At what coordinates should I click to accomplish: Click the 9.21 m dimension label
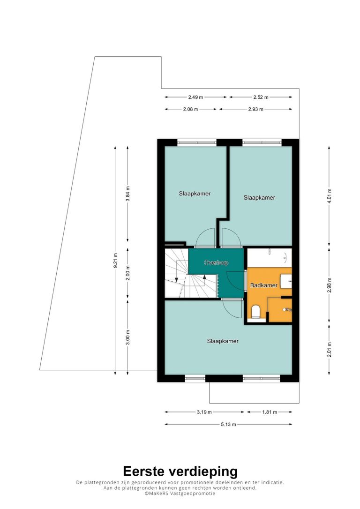click(115, 261)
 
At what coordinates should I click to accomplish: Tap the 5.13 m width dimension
click(229, 424)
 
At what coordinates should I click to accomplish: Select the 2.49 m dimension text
click(195, 97)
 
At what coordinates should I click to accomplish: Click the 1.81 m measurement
click(270, 412)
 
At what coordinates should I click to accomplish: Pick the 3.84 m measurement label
click(127, 194)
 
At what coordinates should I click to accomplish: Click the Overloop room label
click(216, 262)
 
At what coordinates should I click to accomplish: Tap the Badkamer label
click(263, 285)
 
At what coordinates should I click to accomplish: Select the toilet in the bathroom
click(256, 312)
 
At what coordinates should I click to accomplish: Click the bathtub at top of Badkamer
click(270, 258)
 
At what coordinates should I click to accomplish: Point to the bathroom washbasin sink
click(286, 281)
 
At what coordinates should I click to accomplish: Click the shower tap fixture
click(287, 310)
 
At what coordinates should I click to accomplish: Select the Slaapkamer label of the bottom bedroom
click(223, 341)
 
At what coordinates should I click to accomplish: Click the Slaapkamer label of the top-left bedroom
click(195, 194)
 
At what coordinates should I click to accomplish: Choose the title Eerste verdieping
click(180, 472)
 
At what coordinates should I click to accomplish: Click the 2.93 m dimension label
click(256, 109)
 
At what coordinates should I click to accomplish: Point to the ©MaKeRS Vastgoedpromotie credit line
click(180, 494)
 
